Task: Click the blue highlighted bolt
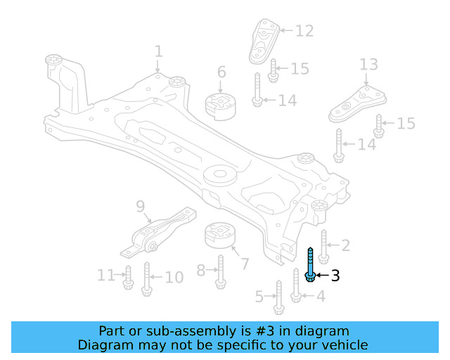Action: (310, 264)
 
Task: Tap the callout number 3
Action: (335, 276)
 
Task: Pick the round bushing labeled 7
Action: (219, 237)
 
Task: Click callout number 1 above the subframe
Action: (158, 51)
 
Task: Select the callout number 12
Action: (304, 31)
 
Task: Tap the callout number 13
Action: (368, 65)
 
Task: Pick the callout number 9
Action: (140, 206)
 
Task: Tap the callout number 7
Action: (244, 265)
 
